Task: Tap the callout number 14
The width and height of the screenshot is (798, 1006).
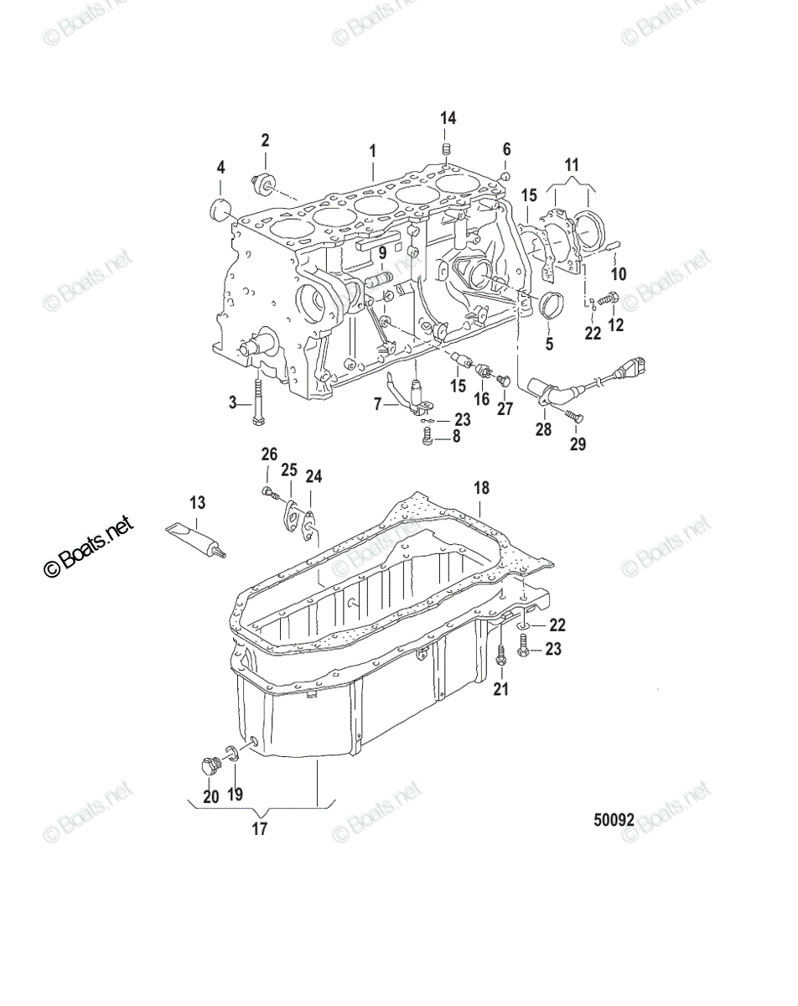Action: [448, 118]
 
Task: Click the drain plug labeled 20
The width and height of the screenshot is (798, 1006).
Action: [210, 767]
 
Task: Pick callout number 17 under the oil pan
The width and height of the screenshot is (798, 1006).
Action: [259, 829]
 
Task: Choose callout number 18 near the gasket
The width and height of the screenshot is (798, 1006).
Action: [480, 488]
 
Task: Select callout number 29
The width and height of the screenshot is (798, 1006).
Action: [577, 444]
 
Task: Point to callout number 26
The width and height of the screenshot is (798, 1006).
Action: [268, 454]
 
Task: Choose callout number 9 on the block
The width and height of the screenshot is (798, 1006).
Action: [381, 251]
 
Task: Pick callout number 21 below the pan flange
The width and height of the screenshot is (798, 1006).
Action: [500, 690]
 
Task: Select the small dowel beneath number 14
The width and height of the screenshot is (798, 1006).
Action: [448, 150]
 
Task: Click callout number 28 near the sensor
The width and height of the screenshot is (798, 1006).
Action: [543, 430]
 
